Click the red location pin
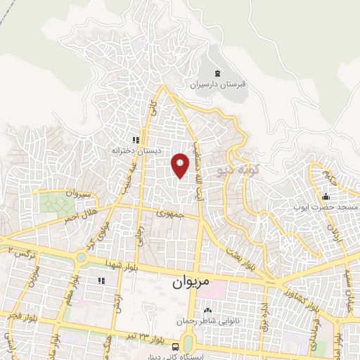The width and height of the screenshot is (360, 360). tap(181, 165)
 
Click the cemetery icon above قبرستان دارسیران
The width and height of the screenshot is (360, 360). tap(217, 73)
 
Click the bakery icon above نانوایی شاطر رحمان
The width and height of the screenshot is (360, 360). tap(207, 309)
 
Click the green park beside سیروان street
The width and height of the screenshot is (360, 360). tap(51, 203)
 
